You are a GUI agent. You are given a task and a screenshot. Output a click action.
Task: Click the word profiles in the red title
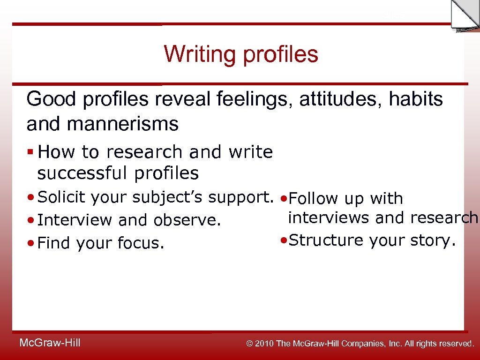click(x=280, y=55)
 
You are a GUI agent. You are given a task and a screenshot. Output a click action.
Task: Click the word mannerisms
click(x=123, y=124)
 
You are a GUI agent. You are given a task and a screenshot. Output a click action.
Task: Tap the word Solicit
click(x=62, y=198)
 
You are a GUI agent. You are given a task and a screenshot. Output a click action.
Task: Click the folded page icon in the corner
click(x=465, y=15)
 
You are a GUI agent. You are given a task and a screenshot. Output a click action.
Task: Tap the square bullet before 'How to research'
click(x=30, y=152)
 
